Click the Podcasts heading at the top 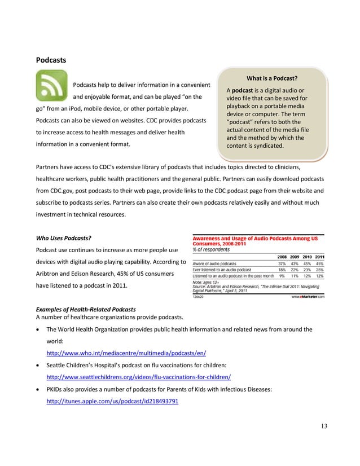click(51, 59)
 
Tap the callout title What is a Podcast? click(272, 78)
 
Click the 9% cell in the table click(280, 276)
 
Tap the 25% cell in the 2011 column click(320, 270)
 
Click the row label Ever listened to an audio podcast click(224, 270)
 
